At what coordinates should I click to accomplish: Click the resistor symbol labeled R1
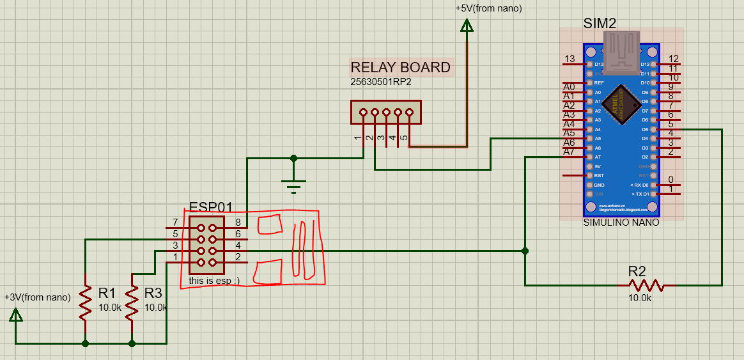click(85, 302)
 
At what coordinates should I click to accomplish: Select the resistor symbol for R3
click(132, 302)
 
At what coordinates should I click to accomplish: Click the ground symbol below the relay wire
click(293, 185)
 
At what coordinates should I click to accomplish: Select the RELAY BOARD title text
click(400, 67)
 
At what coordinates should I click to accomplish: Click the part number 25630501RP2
click(380, 82)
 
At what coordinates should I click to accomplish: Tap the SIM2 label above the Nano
click(600, 24)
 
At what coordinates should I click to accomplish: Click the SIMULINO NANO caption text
click(621, 223)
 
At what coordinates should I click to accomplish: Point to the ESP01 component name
click(211, 208)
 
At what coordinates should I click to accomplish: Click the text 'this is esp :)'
click(214, 281)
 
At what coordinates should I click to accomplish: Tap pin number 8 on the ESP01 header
click(238, 223)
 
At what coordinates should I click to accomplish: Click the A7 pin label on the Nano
click(569, 152)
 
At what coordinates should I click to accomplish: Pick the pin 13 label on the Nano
click(570, 59)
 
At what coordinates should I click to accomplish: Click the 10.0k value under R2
click(640, 298)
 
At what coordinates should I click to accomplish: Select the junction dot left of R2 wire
click(525, 251)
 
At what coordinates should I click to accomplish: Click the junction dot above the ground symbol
click(293, 157)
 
